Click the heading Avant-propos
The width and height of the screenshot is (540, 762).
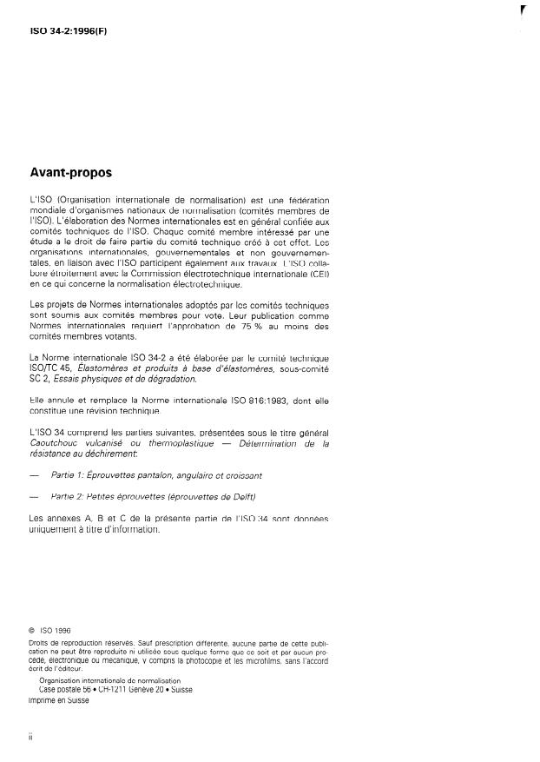point(70,173)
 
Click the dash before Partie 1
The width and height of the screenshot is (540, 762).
point(34,475)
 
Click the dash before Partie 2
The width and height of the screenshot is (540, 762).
point(34,497)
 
